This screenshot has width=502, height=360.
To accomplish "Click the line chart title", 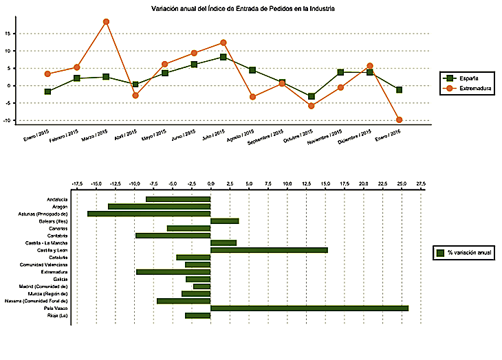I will coord(243,8).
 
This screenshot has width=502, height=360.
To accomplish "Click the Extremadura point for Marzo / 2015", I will coord(106,21).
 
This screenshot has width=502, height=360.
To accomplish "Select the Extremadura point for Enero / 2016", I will coord(399,120).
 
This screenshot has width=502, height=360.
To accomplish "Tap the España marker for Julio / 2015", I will coord(223,57).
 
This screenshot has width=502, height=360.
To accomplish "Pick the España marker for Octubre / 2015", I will coord(312,97).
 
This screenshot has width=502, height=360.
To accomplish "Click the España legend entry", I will coord(468,78).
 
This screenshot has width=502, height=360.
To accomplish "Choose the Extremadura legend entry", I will coord(468,89).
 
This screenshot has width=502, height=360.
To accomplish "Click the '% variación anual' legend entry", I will coord(461,253).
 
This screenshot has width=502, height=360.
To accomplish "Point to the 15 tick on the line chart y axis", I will coord(7,33).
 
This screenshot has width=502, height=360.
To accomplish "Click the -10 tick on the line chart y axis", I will coord(6,120).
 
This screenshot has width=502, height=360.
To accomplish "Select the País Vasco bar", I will coord(309,308).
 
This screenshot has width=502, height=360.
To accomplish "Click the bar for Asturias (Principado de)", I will coord(149,214).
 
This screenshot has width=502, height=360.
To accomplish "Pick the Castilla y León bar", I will coord(269,250).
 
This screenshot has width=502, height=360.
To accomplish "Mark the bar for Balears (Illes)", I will coord(224,221).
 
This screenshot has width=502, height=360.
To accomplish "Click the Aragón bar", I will coord(160,206).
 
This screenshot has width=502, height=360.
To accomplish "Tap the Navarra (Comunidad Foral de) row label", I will coord(45,301).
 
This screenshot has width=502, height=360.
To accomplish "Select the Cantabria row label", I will coord(57,236).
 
